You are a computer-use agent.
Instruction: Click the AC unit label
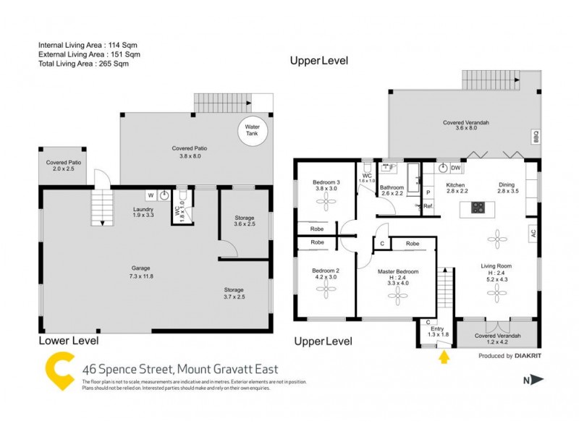click(533, 233)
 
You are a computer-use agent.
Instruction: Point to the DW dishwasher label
click(455, 168)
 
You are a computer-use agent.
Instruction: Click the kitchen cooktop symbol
click(478, 208)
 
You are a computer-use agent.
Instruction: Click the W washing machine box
click(150, 195)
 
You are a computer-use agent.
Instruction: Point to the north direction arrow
click(536, 379)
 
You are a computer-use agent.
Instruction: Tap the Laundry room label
click(143, 210)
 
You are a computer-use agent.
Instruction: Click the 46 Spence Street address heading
click(179, 369)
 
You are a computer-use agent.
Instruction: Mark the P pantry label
click(427, 192)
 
